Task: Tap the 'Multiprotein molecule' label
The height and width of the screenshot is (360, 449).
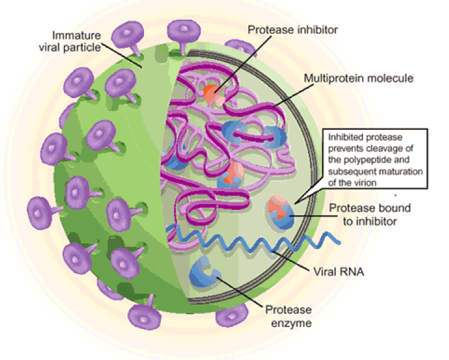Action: pyautogui.click(x=358, y=79)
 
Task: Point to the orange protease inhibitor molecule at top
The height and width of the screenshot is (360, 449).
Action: pyautogui.click(x=212, y=93)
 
